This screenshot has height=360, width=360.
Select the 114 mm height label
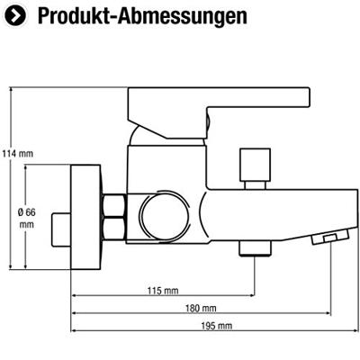point(17,154)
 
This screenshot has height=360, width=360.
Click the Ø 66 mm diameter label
point(25,219)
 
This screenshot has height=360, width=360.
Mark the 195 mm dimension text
point(217,326)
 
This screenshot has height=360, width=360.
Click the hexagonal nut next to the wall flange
point(115,216)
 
